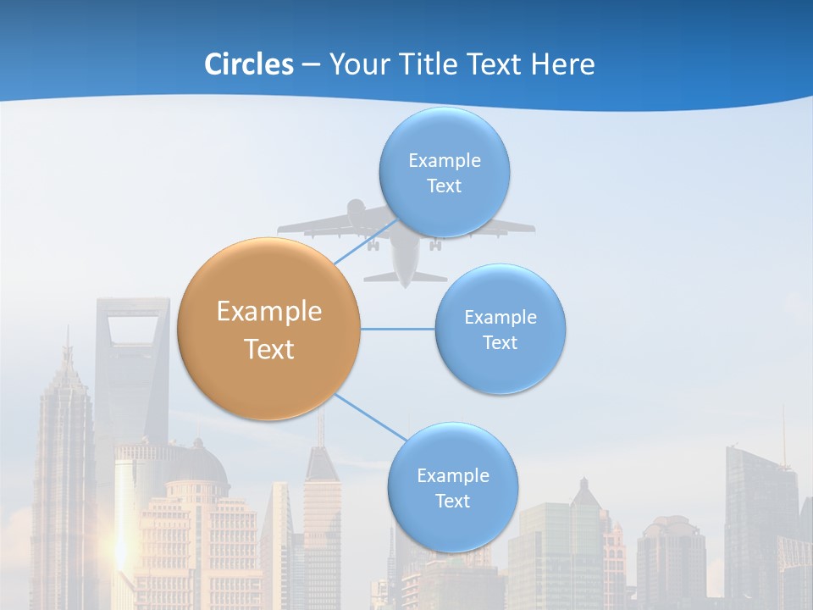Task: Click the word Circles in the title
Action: (248, 64)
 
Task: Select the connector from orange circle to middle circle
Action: (398, 329)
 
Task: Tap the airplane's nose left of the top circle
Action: (357, 208)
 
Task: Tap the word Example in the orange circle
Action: (269, 312)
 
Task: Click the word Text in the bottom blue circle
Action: (452, 501)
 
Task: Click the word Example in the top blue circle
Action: (444, 160)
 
